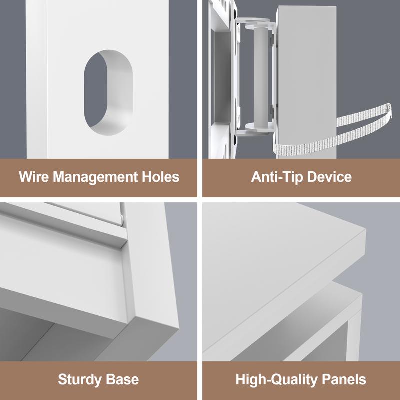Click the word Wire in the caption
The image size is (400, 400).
click(34, 176)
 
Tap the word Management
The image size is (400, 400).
click(95, 177)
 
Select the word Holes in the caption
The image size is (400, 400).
click(160, 176)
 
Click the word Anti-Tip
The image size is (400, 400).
click(277, 177)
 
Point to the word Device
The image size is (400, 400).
click(329, 176)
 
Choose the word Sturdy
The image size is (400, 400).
click(80, 380)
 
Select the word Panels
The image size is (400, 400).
click(344, 379)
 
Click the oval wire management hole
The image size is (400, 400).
click(108, 92)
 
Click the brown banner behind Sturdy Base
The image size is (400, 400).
click(98, 380)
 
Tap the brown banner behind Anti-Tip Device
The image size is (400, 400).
click(301, 178)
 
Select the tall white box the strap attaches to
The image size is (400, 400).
click(306, 82)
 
